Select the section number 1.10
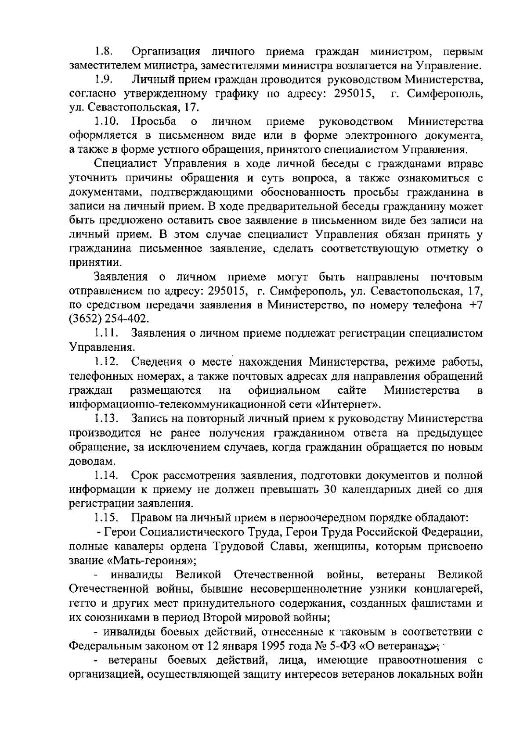pos(105,122)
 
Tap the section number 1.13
pos(105,419)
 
